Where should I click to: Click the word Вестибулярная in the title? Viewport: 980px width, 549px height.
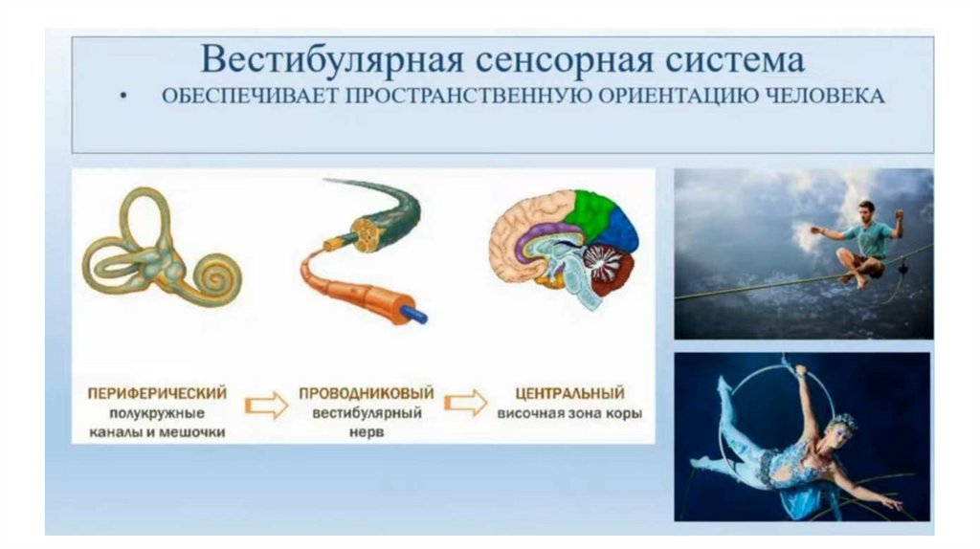(x=332, y=60)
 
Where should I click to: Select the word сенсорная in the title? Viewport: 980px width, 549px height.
(x=565, y=60)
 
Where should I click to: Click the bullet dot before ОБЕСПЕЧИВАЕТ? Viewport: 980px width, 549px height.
(x=124, y=97)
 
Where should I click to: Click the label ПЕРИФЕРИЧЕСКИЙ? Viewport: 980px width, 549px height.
(x=157, y=393)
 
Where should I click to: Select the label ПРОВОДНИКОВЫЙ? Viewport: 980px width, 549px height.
(x=367, y=393)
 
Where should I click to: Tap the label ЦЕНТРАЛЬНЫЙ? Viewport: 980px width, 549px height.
(x=569, y=393)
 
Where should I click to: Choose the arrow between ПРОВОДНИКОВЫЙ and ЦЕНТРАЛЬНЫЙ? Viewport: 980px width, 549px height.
(x=466, y=403)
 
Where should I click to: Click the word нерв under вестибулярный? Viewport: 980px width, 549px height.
(x=367, y=431)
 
